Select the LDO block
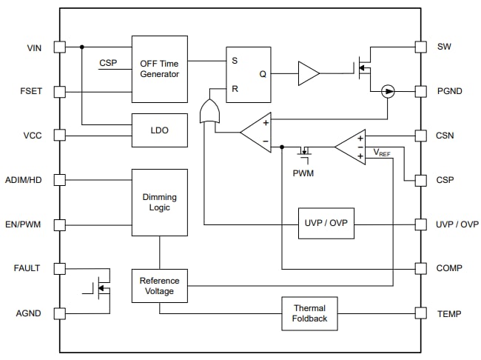coord(159,130)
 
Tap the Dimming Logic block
coord(159,202)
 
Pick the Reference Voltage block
coord(159,286)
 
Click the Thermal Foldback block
coord(309,313)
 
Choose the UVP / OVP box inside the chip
coord(326,223)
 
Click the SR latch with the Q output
coord(248,74)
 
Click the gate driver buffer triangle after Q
coord(308,73)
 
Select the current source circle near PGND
coord(387,91)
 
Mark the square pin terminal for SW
coord(420,47)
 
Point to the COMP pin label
coord(450,268)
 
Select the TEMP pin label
coord(449,313)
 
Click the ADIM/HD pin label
coord(22,180)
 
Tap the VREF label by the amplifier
coord(381,153)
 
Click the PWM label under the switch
coord(303,173)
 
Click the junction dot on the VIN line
coord(81,47)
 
